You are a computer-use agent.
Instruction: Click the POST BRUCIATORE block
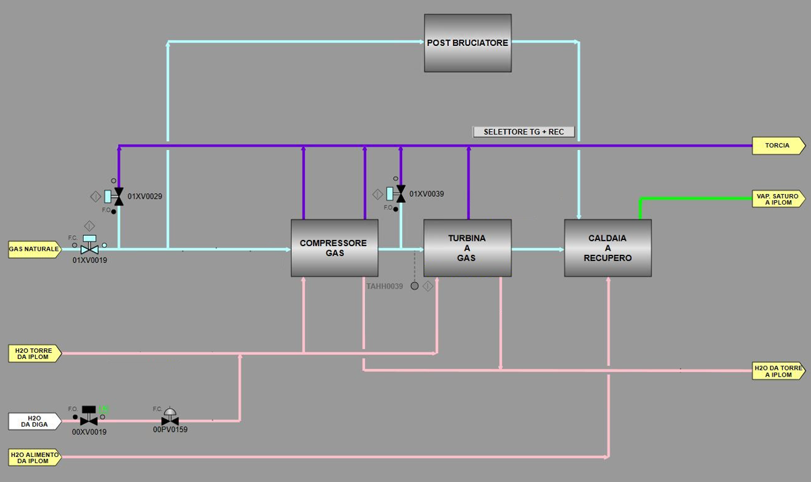click(467, 43)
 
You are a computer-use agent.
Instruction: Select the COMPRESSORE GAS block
click(334, 248)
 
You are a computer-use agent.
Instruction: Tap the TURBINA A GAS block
click(467, 248)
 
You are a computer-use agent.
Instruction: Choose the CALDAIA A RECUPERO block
click(608, 248)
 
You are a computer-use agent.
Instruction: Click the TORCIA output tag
click(778, 145)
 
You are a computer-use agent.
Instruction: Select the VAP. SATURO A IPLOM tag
click(778, 199)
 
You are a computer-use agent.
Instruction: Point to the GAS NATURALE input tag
click(34, 249)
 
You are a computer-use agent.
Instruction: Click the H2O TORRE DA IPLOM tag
click(34, 354)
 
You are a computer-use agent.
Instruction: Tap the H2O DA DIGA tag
click(34, 421)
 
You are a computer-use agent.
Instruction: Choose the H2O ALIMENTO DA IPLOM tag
click(34, 458)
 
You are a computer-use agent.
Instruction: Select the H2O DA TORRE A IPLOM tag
click(778, 371)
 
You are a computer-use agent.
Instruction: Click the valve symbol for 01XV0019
click(89, 249)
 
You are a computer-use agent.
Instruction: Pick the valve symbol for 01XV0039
click(400, 194)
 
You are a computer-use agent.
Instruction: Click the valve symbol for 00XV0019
click(89, 420)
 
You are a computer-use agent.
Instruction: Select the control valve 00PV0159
click(170, 419)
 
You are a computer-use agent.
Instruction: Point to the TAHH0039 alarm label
click(385, 287)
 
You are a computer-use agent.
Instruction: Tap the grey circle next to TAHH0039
click(415, 286)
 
